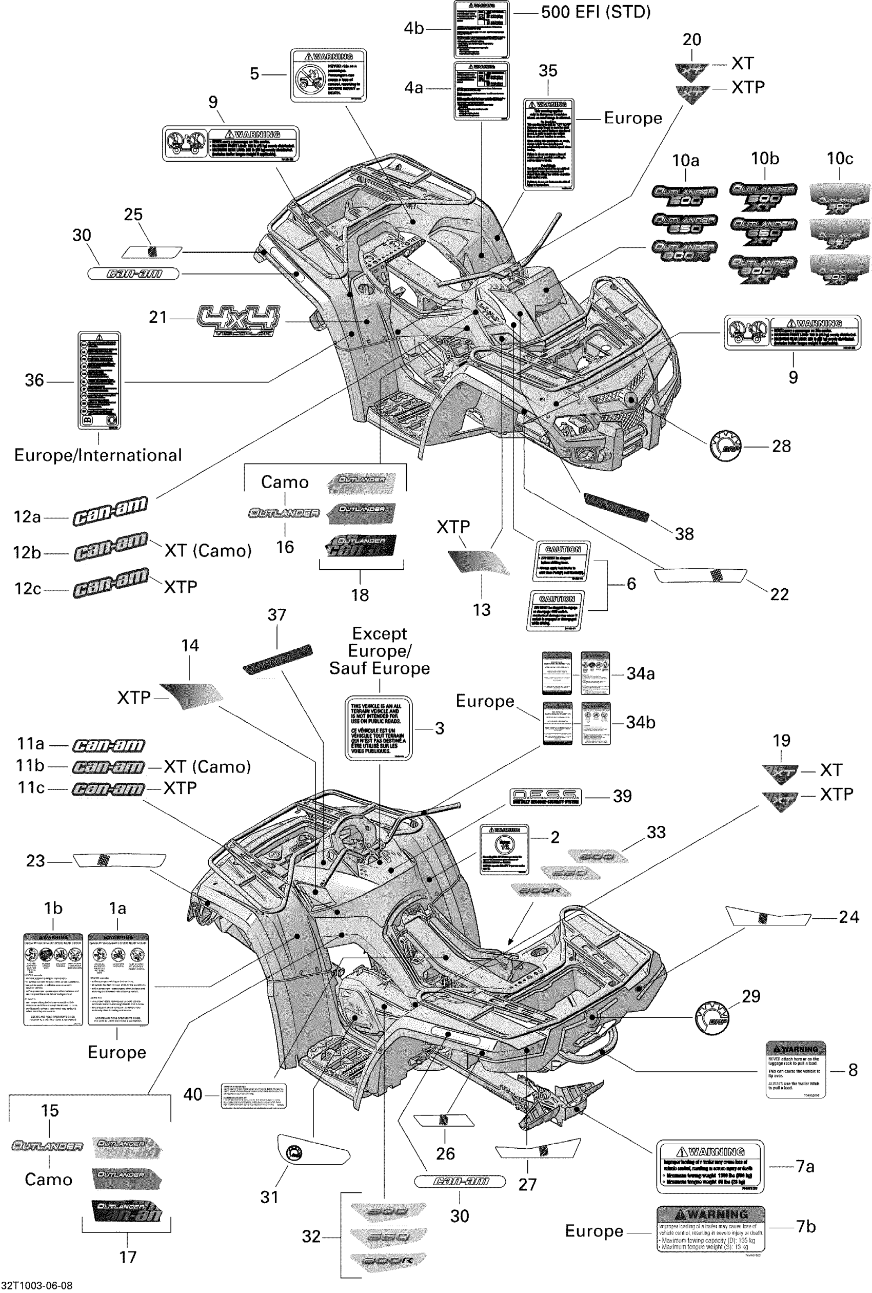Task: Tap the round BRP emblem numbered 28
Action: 726,446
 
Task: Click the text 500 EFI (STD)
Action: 596,12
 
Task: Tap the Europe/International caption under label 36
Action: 98,455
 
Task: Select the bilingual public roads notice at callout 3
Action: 379,728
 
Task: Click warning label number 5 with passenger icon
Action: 329,75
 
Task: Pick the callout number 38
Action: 684,534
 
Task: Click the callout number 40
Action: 193,1094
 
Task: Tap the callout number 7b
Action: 806,1226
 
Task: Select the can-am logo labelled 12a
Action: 110,510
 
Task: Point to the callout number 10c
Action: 840,159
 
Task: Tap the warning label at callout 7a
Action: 710,1167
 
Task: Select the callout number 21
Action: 158,317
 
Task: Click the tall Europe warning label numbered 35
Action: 548,145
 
